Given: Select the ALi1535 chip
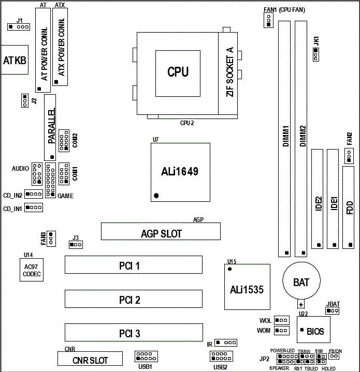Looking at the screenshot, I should coord(247,289).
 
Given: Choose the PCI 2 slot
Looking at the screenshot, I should coord(133,299).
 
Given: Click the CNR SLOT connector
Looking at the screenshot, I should coord(90,359).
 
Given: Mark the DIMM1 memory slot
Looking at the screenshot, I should coord(285,139).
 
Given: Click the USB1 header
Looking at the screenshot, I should coord(146,356).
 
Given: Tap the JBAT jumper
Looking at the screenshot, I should coord(332,310).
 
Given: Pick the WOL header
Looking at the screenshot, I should coord(281,320).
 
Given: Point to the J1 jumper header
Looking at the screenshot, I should coord(19,26).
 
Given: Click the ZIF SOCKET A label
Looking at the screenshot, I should coord(230,72).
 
